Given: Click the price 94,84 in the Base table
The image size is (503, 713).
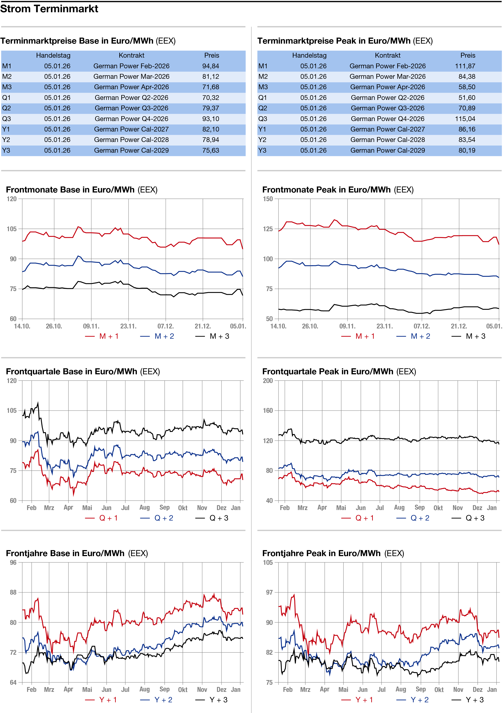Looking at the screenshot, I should [211, 66].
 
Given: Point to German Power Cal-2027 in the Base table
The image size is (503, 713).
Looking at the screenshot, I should [132, 130].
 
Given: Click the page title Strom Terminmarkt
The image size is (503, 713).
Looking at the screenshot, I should [49, 9].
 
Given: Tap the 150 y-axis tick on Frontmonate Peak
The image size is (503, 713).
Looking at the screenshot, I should [268, 199].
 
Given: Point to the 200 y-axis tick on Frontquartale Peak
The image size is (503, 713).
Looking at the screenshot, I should [268, 381].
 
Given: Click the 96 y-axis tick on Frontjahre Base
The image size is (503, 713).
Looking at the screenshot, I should [13, 562].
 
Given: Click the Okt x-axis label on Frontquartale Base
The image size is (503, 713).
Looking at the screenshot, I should [183, 508].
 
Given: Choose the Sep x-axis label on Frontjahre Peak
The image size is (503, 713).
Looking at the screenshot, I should [421, 689].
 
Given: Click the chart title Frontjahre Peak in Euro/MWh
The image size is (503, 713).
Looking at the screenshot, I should [321, 553].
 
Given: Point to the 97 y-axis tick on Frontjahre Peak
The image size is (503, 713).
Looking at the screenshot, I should [269, 593].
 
